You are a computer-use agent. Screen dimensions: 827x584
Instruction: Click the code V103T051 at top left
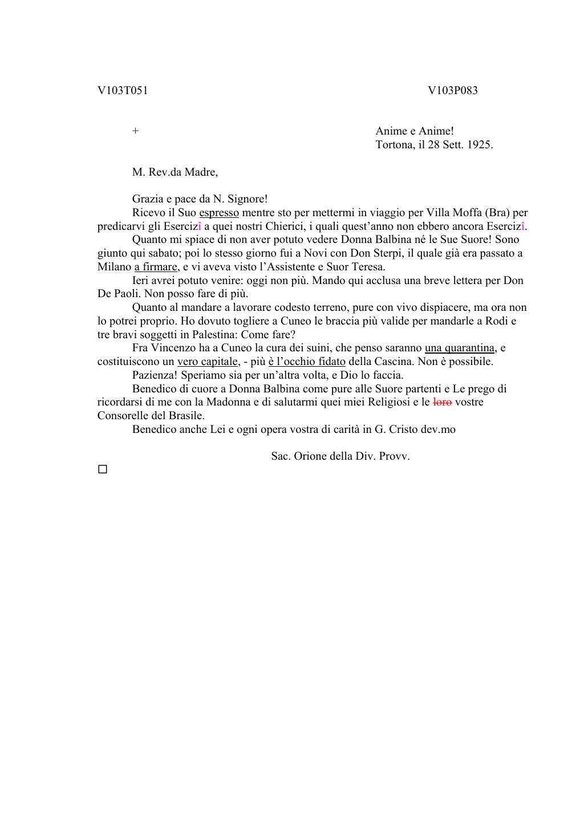pos(123,91)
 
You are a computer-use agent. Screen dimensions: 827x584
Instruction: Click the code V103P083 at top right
pos(453,91)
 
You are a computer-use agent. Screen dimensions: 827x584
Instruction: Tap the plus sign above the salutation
pos(135,131)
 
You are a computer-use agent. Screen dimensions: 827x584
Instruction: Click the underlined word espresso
pos(219,213)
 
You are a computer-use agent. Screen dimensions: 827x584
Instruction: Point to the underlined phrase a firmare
pos(156,267)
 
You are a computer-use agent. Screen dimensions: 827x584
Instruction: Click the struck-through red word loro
pos(443,402)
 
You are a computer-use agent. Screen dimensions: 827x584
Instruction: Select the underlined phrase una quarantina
pos(460,348)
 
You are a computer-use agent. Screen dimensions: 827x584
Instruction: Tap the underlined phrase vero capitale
pos(208,362)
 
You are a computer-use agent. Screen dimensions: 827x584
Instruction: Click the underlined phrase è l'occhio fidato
pos(307,362)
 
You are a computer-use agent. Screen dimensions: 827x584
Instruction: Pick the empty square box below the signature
pos(103,469)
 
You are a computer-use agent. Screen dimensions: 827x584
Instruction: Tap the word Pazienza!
pos(155,375)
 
